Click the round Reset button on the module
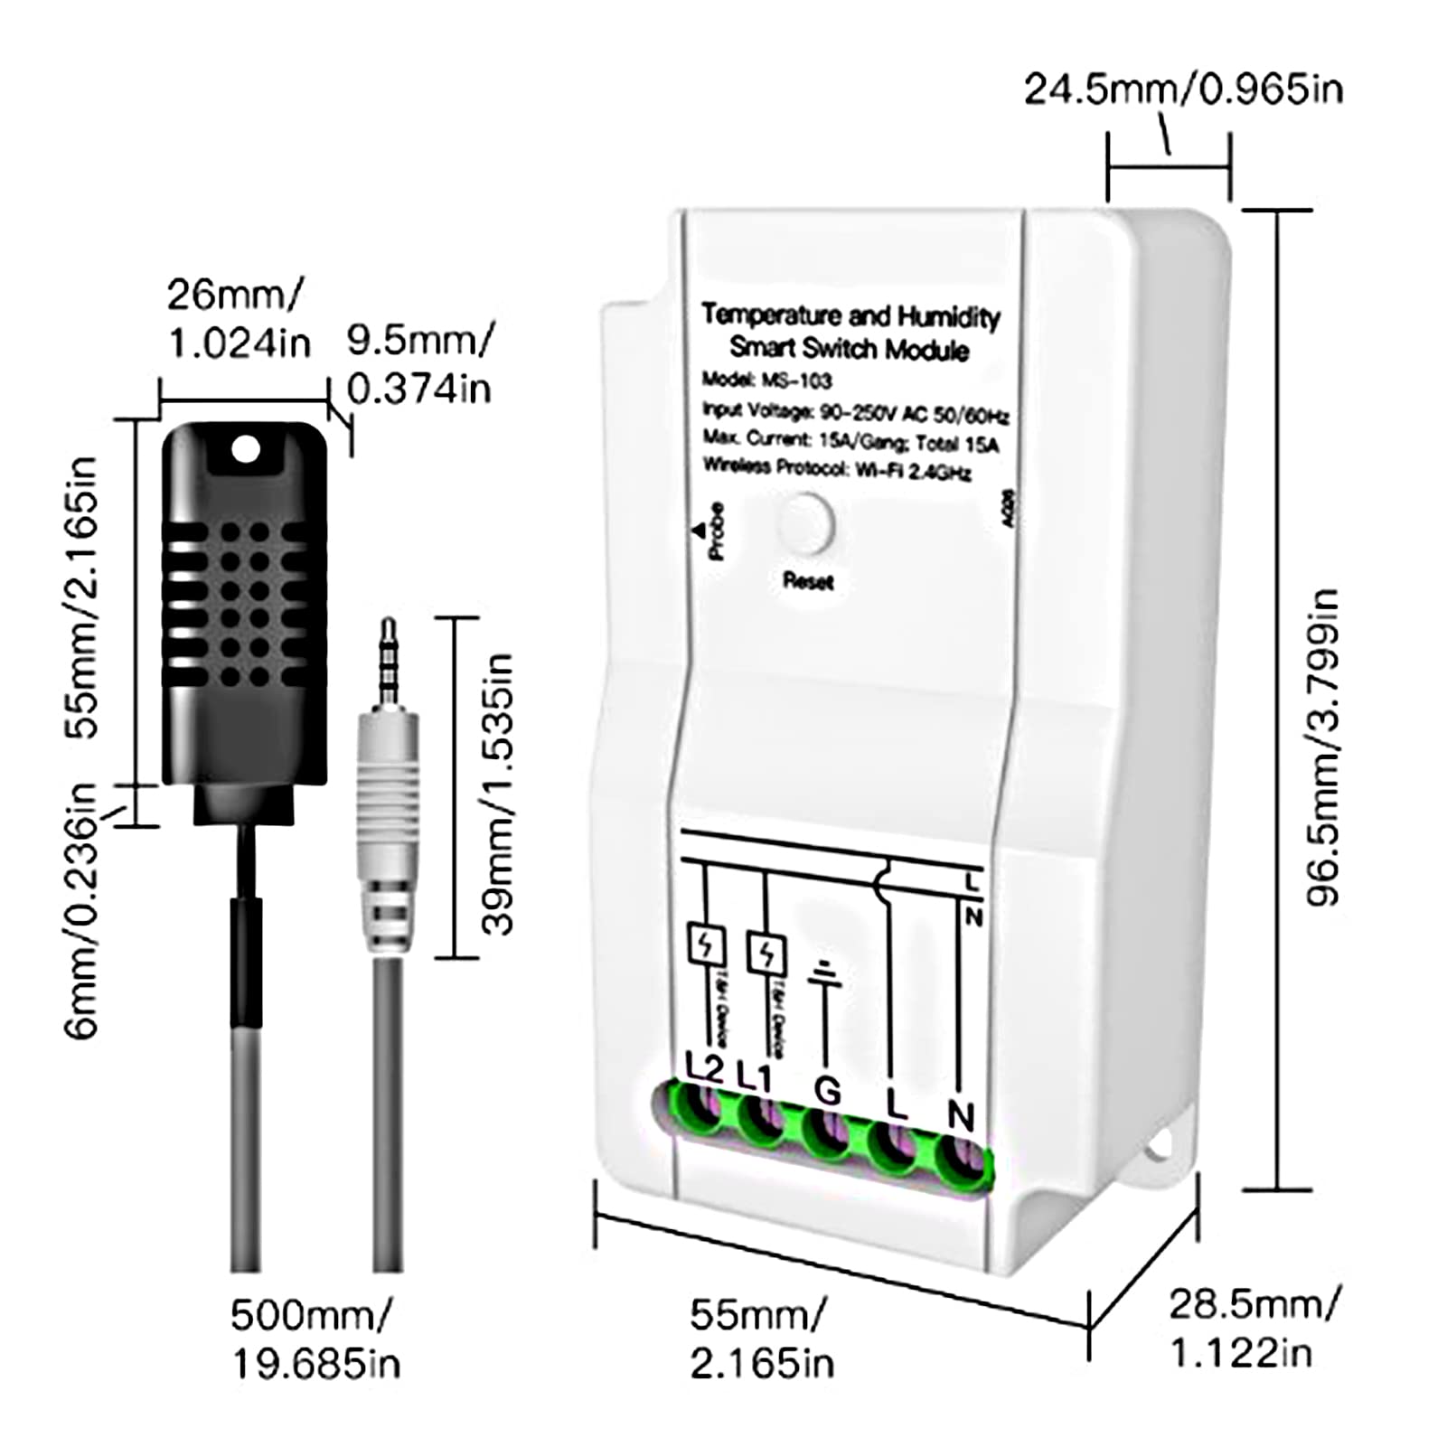coord(807,524)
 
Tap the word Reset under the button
coord(808,581)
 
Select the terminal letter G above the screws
coord(827,1091)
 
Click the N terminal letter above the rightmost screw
coord(961,1117)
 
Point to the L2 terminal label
coord(704,1069)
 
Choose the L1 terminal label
coord(758,1076)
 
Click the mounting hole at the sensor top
coord(245,449)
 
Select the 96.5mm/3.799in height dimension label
coord(1322,747)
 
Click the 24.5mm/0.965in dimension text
coord(1183,89)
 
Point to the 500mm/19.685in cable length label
coord(315,1339)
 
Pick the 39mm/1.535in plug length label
coord(497,794)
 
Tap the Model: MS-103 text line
coord(766,380)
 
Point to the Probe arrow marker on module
coord(699,531)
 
